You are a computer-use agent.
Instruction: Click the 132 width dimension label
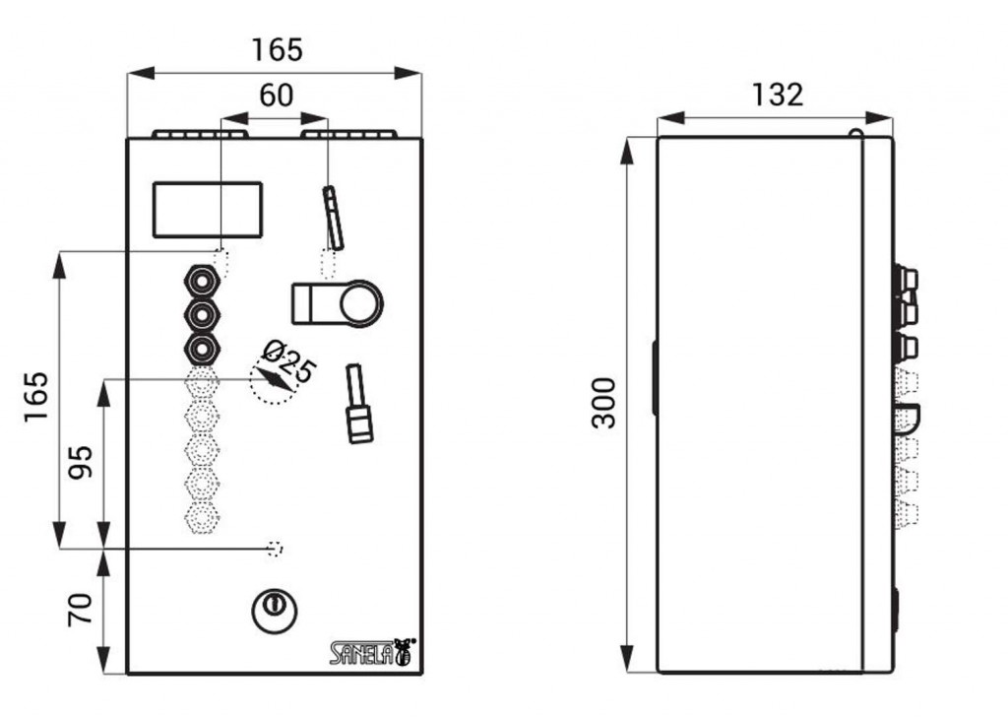coord(778,96)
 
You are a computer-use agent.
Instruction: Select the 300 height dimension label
coord(603,403)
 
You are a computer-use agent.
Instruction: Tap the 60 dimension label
coord(277,96)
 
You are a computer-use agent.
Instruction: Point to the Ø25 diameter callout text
coord(290,361)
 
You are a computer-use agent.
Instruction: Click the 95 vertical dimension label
coord(81,462)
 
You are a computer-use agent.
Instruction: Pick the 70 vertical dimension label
coord(81,611)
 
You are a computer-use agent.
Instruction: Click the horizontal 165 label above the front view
coord(277,50)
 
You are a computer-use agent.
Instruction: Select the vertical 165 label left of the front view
coord(36,397)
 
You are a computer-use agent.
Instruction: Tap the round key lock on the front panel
coord(274,611)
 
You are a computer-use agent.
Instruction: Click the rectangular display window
coord(208,210)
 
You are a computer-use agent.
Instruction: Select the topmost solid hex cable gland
coord(203,281)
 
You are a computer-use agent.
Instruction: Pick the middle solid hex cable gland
coord(203,315)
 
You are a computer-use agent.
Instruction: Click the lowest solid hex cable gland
coord(203,350)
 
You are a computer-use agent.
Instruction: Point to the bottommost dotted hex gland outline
coord(203,516)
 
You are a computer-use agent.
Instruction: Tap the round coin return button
coord(361,303)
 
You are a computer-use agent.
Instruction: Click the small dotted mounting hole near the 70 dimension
coord(276,549)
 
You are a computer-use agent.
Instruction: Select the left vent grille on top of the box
coord(200,134)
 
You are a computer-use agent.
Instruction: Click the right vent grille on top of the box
coord(349,134)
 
